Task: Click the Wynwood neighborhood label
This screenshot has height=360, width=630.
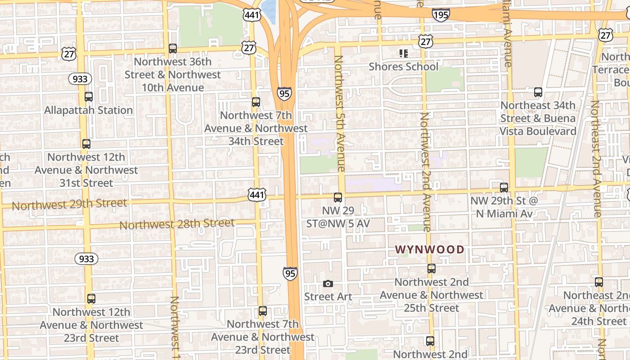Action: click(429, 249)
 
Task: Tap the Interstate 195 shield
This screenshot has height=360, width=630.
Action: click(441, 15)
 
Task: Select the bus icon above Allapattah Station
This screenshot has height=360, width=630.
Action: click(89, 96)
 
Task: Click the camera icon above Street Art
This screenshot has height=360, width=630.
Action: click(328, 283)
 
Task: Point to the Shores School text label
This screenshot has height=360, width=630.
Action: click(403, 67)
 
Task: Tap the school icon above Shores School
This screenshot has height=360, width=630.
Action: click(403, 54)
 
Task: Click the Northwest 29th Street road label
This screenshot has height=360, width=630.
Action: click(69, 204)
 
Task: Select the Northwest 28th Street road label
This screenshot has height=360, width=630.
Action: click(177, 224)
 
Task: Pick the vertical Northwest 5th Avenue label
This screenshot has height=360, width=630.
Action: click(339, 113)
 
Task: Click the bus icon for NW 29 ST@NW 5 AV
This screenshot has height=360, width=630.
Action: click(338, 197)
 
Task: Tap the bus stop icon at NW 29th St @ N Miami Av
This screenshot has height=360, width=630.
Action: click(504, 188)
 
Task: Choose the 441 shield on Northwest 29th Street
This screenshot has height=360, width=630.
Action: click(256, 195)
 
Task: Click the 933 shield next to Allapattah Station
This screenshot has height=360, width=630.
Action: click(80, 79)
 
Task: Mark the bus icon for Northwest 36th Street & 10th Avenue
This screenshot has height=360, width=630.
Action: click(173, 49)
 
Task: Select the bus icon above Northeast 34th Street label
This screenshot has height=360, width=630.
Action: click(538, 92)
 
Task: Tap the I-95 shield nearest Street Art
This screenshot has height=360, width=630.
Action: click(290, 273)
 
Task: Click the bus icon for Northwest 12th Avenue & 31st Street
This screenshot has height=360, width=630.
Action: click(86, 144)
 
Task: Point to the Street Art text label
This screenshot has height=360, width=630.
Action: click(328, 297)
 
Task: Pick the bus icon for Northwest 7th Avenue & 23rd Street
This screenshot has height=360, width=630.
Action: click(263, 311)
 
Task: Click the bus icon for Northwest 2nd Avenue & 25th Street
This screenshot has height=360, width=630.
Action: click(432, 269)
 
